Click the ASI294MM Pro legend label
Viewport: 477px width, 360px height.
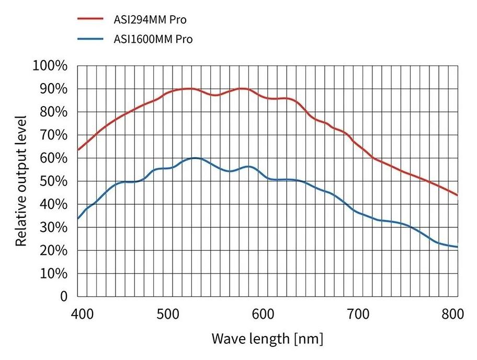(x=149, y=20)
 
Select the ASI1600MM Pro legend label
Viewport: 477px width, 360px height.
(x=153, y=39)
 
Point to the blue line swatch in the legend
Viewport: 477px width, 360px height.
(x=91, y=38)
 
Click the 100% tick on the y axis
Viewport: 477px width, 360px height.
(x=50, y=66)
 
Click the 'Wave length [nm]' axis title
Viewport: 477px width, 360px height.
(x=267, y=339)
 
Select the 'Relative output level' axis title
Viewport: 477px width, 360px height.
(x=21, y=181)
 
